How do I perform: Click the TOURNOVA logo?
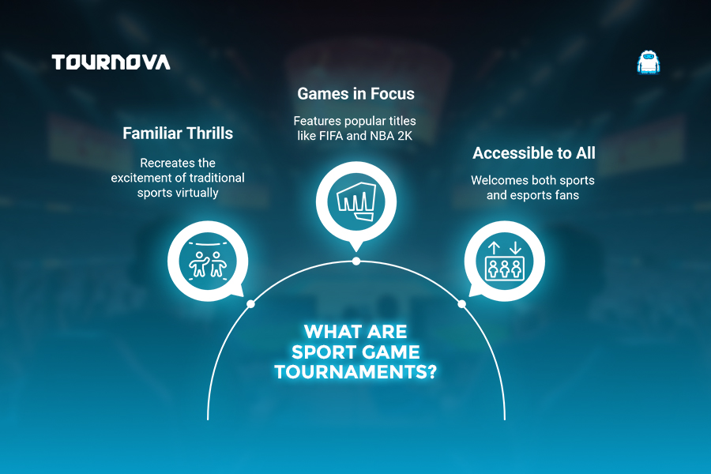pyautogui.click(x=111, y=62)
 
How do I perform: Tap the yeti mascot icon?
pyautogui.click(x=648, y=62)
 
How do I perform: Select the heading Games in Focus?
pyautogui.click(x=356, y=93)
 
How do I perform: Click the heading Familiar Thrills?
pyautogui.click(x=178, y=134)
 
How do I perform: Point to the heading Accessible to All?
pyautogui.click(x=534, y=152)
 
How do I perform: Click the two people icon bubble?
pyautogui.click(x=208, y=261)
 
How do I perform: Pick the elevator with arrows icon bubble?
pyautogui.click(x=504, y=261)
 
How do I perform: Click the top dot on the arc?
pyautogui.click(x=356, y=261)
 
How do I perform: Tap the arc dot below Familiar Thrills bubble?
pyautogui.click(x=250, y=304)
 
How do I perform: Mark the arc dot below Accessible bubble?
pyautogui.click(x=461, y=304)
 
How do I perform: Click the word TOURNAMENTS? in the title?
pyautogui.click(x=356, y=372)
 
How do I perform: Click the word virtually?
pyautogui.click(x=197, y=193)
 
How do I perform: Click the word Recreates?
pyautogui.click(x=164, y=163)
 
